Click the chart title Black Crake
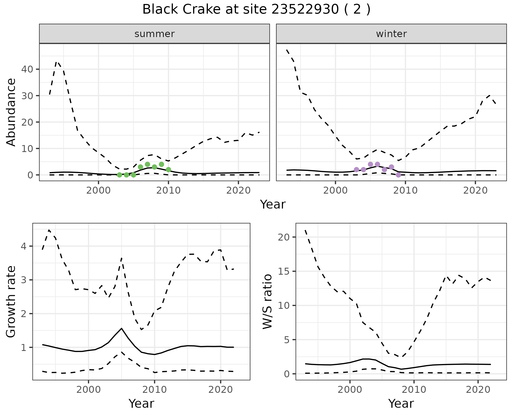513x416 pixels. point(256,10)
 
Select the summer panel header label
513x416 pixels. point(154,34)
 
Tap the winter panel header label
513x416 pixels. point(391,34)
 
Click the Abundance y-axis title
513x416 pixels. point(11,112)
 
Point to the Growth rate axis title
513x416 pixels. point(11,302)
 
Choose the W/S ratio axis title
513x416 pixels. point(267,302)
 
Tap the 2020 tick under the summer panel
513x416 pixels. point(238,190)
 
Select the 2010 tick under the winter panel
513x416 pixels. point(405,190)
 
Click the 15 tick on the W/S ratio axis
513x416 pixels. point(284,271)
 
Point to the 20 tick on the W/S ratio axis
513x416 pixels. point(284,237)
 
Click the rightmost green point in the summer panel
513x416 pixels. point(168,170)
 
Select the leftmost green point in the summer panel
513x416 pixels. point(119,175)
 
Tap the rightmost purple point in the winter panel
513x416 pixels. point(398,175)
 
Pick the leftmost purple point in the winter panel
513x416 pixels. point(356,170)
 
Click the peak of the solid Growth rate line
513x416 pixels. point(122,328)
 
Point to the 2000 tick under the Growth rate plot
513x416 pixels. point(88,390)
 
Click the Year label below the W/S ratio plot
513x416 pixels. point(401,403)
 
